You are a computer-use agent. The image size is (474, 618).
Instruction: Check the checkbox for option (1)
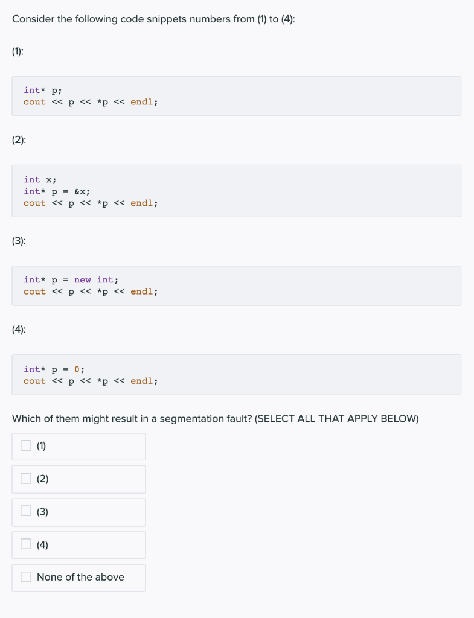(26, 446)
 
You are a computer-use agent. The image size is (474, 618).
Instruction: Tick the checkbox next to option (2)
(26, 479)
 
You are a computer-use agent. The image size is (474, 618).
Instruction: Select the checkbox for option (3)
(26, 511)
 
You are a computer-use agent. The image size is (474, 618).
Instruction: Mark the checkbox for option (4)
(26, 544)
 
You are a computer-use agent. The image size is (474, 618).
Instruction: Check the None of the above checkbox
(26, 577)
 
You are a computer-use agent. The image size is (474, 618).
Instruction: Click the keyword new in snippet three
(83, 279)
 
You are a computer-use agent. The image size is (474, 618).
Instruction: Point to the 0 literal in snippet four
(77, 369)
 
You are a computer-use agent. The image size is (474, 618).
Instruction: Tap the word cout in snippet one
(34, 102)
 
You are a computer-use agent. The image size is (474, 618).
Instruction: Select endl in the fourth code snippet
(142, 381)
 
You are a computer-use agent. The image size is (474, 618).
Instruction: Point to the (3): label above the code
(19, 241)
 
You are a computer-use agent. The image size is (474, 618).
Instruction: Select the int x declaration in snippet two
(40, 179)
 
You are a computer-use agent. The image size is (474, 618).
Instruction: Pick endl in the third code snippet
(142, 291)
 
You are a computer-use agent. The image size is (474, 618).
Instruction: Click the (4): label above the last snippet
(19, 330)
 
